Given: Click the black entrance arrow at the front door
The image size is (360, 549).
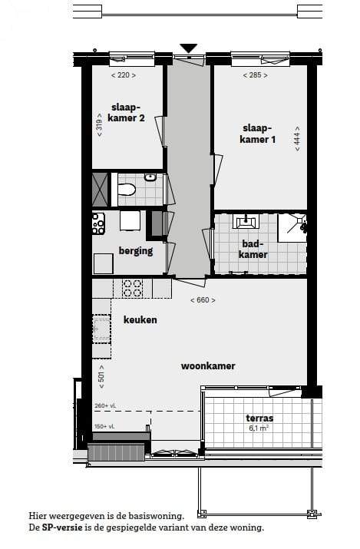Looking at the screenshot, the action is (x=189, y=48).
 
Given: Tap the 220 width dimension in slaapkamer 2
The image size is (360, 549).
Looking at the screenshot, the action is (x=124, y=75).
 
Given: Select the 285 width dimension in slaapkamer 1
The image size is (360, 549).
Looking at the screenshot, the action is (x=256, y=75).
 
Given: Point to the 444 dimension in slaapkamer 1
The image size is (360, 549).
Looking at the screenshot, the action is (x=297, y=139).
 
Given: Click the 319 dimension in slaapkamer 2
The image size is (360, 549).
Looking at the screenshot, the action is (x=99, y=124).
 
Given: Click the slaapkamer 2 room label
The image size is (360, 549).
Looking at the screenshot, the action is (x=126, y=113).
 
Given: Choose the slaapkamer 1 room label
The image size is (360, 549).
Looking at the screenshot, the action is (x=257, y=134).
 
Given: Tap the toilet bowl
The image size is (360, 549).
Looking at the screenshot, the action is (x=127, y=190).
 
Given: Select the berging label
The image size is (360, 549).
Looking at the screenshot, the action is (x=136, y=251).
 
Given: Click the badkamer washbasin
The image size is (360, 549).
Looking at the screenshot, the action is (x=246, y=221).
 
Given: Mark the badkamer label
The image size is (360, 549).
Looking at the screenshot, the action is (x=253, y=249).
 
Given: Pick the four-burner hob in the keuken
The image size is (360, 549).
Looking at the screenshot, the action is (x=132, y=288).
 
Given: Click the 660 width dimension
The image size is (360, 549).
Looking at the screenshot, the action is (x=203, y=300).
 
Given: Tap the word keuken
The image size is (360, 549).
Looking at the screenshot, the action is (x=140, y=319).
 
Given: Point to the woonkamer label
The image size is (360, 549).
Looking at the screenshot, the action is (x=208, y=366).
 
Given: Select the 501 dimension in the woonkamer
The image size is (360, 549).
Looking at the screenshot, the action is (x=101, y=377).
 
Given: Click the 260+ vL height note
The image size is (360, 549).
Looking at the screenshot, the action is (x=105, y=405).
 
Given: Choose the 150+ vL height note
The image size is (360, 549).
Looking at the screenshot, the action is (x=104, y=426).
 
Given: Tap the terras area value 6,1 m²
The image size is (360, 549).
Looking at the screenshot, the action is (x=259, y=428).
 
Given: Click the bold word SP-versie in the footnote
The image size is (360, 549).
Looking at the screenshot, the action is (x=62, y=528).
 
